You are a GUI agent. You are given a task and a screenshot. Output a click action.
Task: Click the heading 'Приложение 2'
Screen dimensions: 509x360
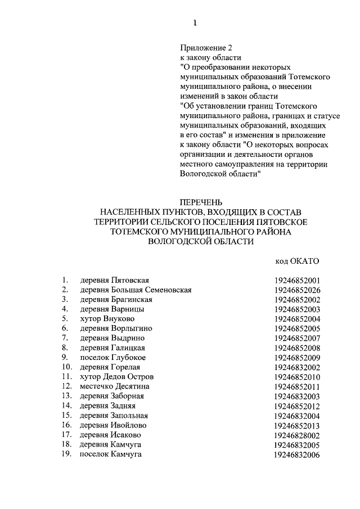201,47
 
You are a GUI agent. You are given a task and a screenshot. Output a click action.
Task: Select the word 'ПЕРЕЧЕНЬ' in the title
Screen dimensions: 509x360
201,201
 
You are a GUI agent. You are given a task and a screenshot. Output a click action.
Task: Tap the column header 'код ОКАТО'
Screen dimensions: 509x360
297,261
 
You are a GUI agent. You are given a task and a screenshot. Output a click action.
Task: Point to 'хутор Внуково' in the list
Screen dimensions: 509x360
107,319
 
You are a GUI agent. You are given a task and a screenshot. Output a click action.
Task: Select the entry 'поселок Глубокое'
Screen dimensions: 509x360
113,357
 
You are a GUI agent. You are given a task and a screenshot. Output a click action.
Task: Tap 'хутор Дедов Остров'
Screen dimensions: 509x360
116,376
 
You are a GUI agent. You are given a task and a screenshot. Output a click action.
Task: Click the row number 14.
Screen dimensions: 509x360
66,406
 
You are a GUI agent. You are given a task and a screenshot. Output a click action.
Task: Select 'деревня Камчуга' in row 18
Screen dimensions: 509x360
111,444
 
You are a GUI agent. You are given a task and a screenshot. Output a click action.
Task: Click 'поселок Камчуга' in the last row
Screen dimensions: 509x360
111,454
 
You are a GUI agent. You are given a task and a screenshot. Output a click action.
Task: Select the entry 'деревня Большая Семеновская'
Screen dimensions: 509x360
136,290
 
